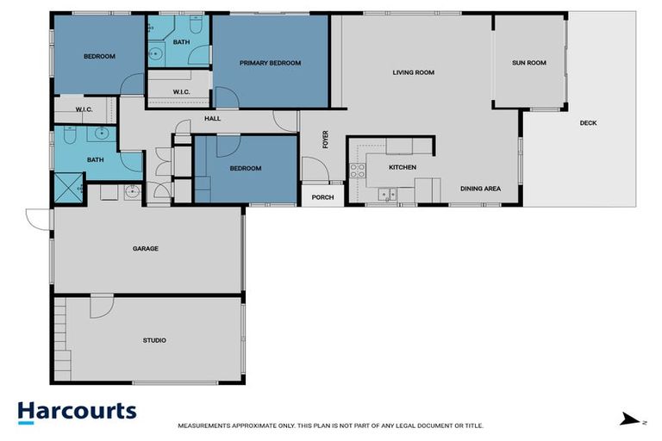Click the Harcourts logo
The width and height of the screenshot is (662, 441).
[77, 411]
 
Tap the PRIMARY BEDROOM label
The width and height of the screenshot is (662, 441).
[270, 63]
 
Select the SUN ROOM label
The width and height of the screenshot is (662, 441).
[528, 63]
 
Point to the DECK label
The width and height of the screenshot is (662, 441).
[588, 123]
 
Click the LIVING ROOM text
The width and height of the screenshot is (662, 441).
[413, 72]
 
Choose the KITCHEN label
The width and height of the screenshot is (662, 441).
[403, 166]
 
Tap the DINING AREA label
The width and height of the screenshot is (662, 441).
[480, 189]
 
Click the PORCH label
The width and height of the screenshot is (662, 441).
[322, 197]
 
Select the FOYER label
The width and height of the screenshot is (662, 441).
[325, 140]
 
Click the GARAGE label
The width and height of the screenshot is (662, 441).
[145, 249]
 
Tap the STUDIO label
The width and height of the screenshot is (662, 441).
[154, 340]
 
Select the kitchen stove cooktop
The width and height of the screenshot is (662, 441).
[358, 170]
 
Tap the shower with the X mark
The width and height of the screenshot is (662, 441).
[67, 186]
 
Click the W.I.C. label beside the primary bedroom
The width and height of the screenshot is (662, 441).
[181, 91]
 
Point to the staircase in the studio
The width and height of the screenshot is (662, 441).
[60, 332]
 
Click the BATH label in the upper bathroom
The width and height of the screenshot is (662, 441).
[181, 41]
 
